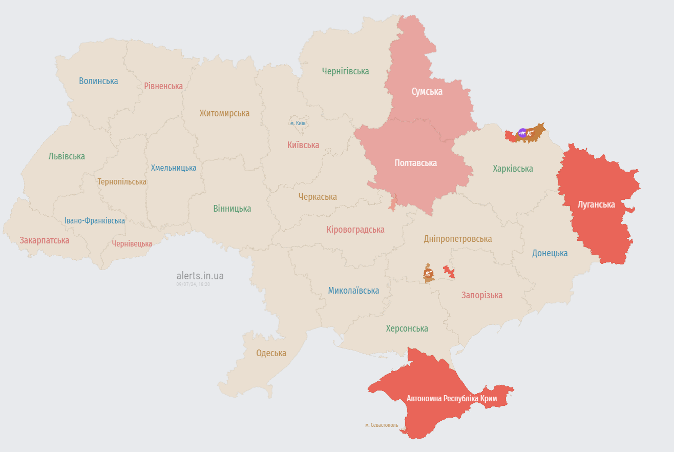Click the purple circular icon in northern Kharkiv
(x=522, y=133)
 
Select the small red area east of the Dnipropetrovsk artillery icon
(x=449, y=272)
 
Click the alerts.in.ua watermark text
(x=200, y=276)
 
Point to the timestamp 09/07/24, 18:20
(x=193, y=284)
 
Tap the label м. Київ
(x=298, y=123)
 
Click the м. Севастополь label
(x=382, y=425)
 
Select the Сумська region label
(x=427, y=92)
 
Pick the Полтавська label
(x=415, y=163)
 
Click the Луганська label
(x=596, y=204)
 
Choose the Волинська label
(x=98, y=81)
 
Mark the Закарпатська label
(x=45, y=240)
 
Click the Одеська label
(x=271, y=353)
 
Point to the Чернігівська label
(x=345, y=71)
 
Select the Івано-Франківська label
(x=95, y=221)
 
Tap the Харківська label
(x=513, y=169)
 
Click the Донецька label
(x=550, y=253)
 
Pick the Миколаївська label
(x=353, y=291)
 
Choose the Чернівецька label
(x=132, y=244)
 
